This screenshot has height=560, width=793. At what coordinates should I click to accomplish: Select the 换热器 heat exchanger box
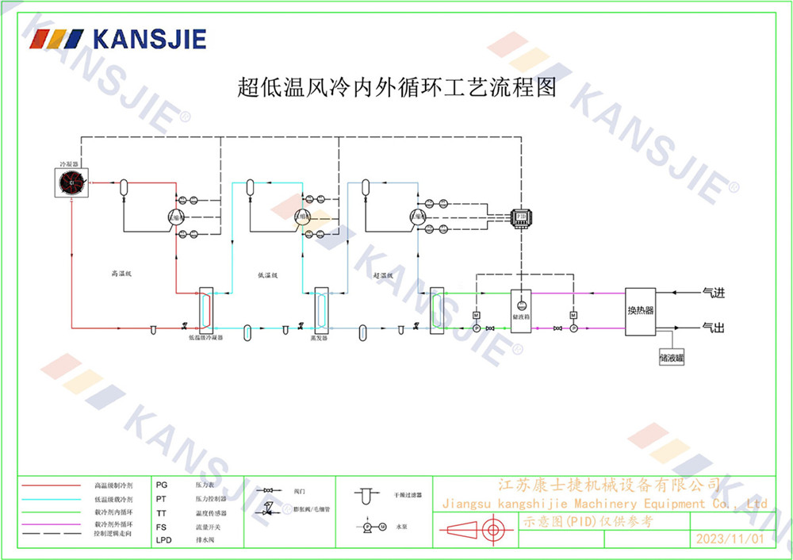pyautogui.click(x=641, y=311)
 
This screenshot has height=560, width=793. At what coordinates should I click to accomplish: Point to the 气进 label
pyautogui.click(x=714, y=293)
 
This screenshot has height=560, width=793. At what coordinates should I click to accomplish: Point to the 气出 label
pyautogui.click(x=714, y=327)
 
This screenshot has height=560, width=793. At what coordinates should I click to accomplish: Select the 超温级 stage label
pyautogui.click(x=384, y=276)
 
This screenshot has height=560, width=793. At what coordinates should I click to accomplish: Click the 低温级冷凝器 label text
pyautogui.click(x=205, y=337)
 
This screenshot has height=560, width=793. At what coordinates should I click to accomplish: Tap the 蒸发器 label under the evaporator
pyautogui.click(x=320, y=337)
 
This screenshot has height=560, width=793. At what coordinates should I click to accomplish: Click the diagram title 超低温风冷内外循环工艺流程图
pyautogui.click(x=396, y=86)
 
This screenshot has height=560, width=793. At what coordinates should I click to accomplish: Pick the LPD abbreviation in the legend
pyautogui.click(x=163, y=539)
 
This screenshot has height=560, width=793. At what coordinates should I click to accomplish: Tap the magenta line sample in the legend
pyautogui.click(x=52, y=524)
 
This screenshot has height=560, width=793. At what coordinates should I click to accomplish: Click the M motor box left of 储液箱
pyautogui.click(x=477, y=316)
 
